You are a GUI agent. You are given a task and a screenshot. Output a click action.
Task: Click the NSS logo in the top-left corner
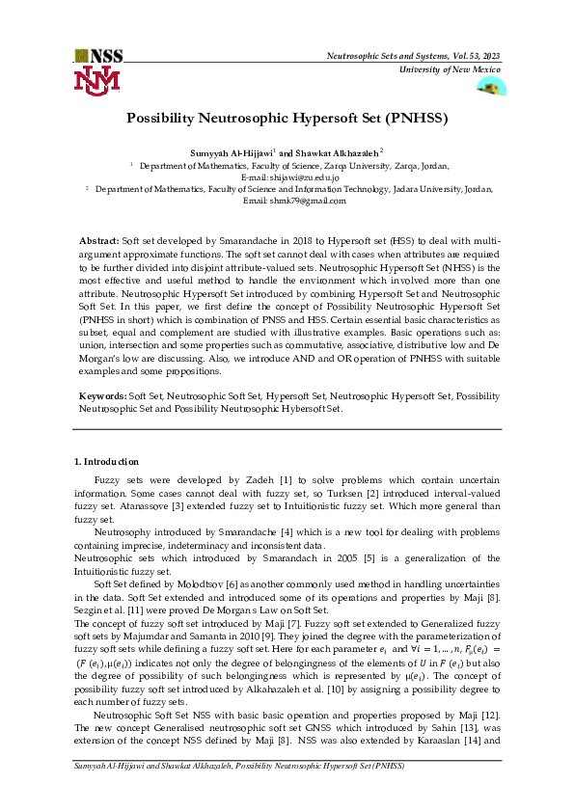click(x=98, y=56)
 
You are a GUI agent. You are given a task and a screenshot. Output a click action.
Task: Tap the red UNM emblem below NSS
click(x=97, y=81)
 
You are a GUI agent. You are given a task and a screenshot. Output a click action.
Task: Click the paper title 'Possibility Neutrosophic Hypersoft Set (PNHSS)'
click(x=287, y=120)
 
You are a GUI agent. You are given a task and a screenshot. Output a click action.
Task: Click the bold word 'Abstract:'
click(x=99, y=238)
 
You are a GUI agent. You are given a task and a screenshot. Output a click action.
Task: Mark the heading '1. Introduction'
click(x=106, y=462)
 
